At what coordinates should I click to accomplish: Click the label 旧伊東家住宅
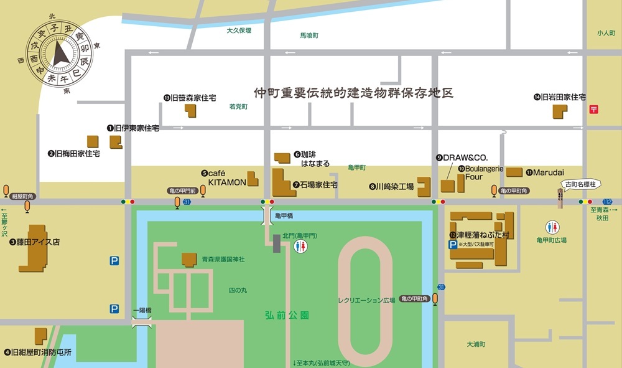(x=132, y=128)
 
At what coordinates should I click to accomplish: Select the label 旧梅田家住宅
(x=74, y=153)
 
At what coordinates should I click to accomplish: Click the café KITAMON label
(x=224, y=177)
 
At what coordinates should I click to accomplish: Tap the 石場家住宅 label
(x=315, y=185)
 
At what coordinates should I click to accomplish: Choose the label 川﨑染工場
(x=392, y=186)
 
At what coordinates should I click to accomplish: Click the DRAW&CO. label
(x=462, y=158)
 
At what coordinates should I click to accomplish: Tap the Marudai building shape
(x=513, y=171)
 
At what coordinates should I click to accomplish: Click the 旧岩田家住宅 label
(x=560, y=97)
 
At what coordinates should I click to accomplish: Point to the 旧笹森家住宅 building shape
(x=190, y=110)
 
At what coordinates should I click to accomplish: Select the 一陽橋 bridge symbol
(x=142, y=323)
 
